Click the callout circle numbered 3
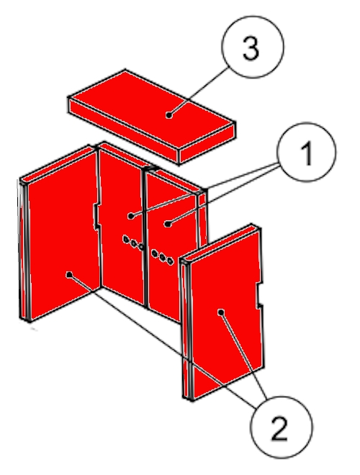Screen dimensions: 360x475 [253, 47]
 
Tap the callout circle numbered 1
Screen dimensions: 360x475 [307, 152]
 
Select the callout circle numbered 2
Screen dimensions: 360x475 [281, 427]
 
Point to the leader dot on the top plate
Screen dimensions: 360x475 [169, 115]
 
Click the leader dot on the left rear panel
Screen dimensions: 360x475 [130, 216]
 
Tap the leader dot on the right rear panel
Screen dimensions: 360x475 [168, 224]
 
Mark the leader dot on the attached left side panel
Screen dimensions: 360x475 [69, 274]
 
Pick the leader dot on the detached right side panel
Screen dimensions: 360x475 [221, 312]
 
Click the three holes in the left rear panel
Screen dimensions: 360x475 [133, 243]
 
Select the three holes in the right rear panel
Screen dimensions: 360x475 [163, 257]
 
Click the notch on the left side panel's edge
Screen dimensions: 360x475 [96, 217]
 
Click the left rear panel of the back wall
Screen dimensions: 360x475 [121, 224]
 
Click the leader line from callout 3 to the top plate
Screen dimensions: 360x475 [198, 92]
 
